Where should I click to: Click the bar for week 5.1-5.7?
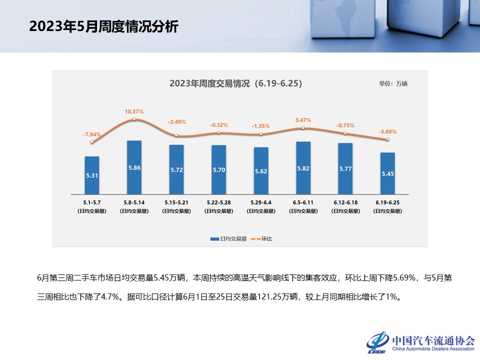point(92,175)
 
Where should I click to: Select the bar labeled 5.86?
point(134,167)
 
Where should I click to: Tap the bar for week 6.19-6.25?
point(387,173)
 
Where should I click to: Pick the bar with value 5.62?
point(261,170)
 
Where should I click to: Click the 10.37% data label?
point(134,111)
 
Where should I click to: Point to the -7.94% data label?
point(92,134)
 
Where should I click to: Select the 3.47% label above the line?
point(303,120)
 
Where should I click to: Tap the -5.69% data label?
point(387,132)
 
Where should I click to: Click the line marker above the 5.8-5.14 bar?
point(134,119)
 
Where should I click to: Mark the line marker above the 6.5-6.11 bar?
point(303,128)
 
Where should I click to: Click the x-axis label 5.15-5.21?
point(176,202)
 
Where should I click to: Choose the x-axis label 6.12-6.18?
point(345,202)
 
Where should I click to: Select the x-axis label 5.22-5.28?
point(218,202)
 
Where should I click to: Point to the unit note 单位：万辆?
point(393,83)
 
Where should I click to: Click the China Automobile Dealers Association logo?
point(420,342)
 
